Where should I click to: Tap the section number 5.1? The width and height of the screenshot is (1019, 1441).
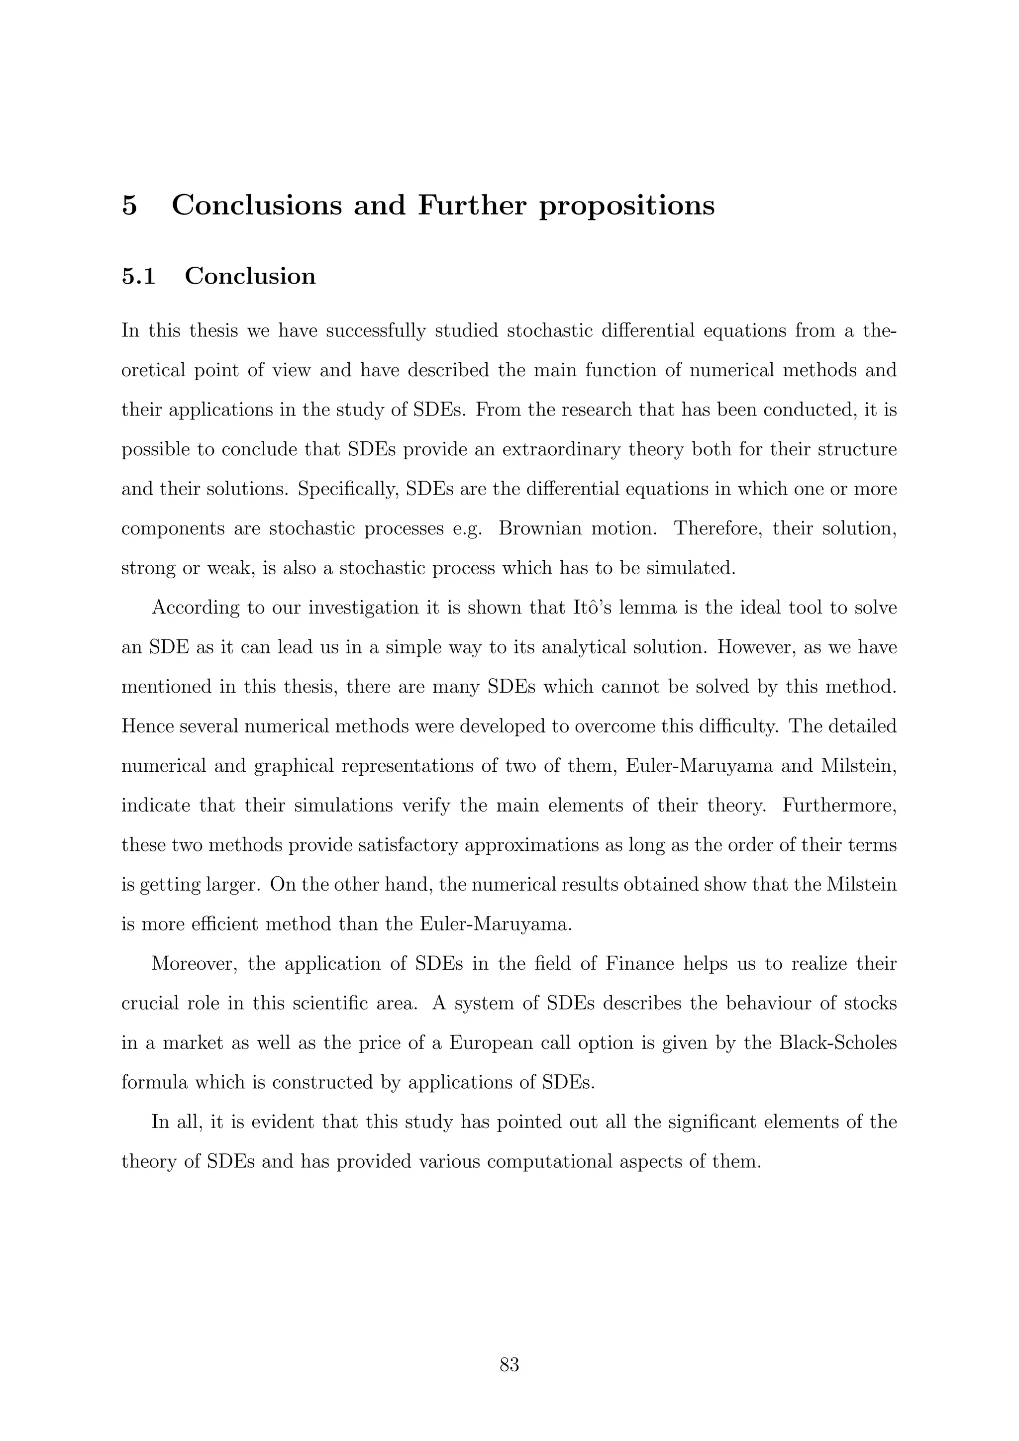(139, 276)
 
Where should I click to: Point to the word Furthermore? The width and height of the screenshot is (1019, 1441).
(839, 805)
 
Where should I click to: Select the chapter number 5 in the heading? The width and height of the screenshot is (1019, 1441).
(129, 205)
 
